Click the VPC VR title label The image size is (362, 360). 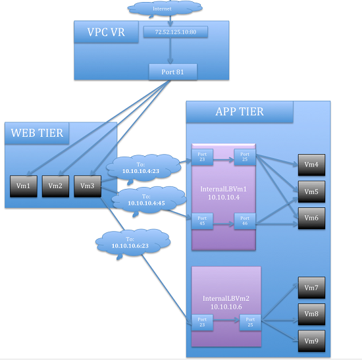[x=103, y=31]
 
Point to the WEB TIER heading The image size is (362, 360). [x=38, y=133]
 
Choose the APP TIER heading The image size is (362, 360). [x=240, y=111]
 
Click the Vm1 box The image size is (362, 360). [x=24, y=186]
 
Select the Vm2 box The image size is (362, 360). [x=55, y=186]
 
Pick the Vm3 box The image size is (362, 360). [x=87, y=186]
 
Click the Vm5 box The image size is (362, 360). [x=311, y=192]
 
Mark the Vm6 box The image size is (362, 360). [x=311, y=217]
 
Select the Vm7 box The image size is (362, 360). [x=311, y=288]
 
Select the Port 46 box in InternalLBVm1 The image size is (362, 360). [x=244, y=222]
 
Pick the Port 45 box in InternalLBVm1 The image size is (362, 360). [x=201, y=222]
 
